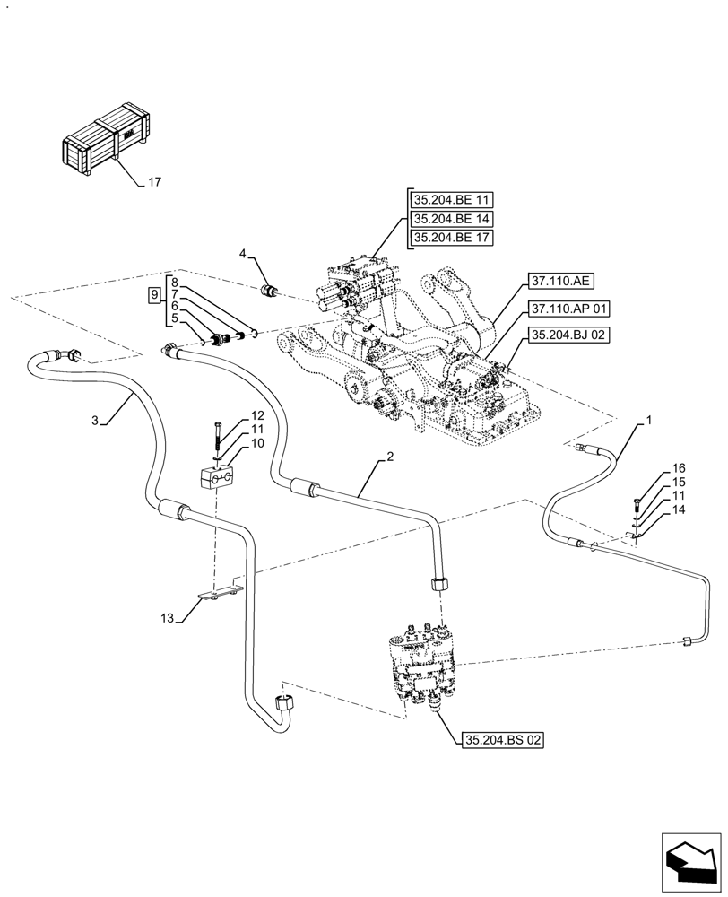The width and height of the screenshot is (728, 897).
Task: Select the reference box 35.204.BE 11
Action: click(x=453, y=200)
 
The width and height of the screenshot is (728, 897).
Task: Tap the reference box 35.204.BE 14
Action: click(x=453, y=219)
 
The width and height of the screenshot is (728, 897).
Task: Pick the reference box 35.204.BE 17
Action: click(x=453, y=238)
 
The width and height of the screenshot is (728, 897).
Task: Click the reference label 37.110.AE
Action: click(x=561, y=282)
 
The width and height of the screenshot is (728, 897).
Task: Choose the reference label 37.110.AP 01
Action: click(x=568, y=309)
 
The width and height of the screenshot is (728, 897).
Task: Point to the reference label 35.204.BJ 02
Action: click(x=568, y=335)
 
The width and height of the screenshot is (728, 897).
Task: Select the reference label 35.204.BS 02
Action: click(x=503, y=740)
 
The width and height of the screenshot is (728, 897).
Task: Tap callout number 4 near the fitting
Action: click(x=242, y=255)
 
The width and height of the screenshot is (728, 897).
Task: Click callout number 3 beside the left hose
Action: click(x=95, y=420)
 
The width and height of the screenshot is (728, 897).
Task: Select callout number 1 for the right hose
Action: click(x=648, y=420)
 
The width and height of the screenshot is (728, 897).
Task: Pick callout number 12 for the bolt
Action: click(x=257, y=415)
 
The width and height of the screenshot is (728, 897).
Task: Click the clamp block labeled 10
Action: click(x=218, y=477)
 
